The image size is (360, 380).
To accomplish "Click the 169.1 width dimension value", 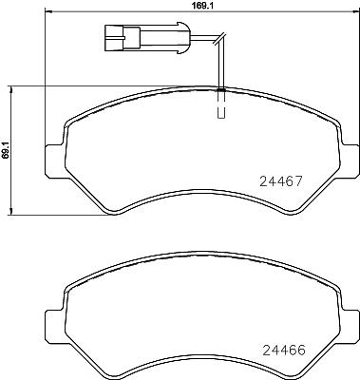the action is coord(202,6).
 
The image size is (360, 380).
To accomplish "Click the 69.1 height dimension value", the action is coord(5,150).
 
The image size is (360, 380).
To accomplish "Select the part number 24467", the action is coord(281,181).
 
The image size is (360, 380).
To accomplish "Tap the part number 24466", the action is coord(284,351).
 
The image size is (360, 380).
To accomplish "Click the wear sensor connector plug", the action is coord(147,38).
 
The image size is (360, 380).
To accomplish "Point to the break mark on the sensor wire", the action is coord(219,38).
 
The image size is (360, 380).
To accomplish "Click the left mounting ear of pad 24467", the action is coord(55,160).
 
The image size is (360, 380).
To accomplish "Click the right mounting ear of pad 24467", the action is coord(351,160).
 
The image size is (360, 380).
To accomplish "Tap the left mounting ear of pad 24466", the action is coord(55,326).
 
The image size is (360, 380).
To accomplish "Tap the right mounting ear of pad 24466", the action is coord(351,326).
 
